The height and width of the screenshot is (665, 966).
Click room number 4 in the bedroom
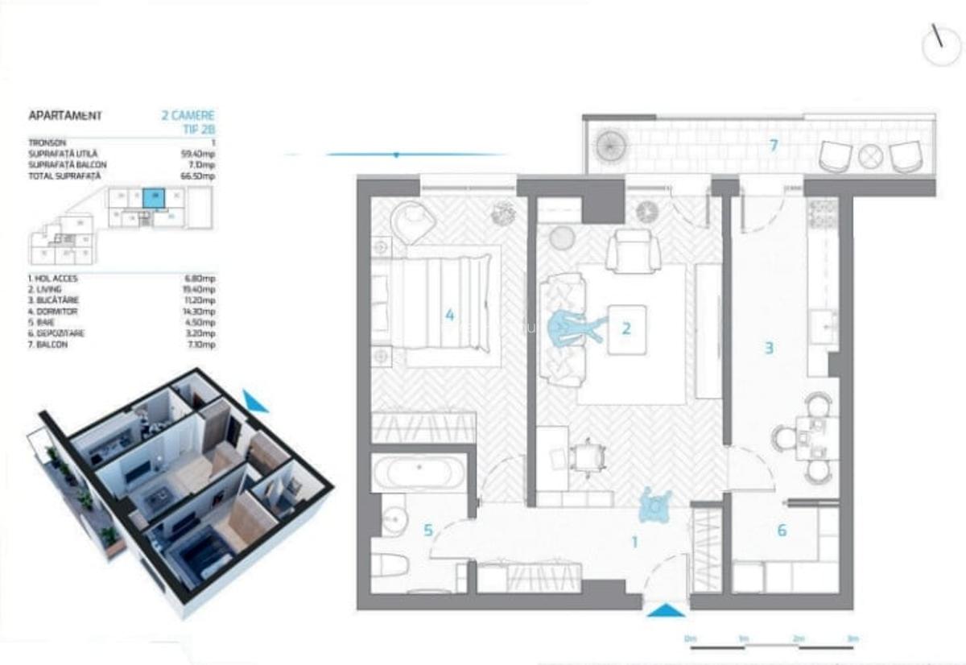450,316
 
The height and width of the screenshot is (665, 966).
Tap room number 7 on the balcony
773,146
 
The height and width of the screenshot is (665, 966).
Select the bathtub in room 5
419,472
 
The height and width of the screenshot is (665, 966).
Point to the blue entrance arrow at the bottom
666,612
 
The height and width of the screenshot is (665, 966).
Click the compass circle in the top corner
941,46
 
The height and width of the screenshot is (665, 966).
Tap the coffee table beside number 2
628,328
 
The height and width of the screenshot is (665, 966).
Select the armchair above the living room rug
633,250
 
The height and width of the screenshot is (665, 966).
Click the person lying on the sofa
575,328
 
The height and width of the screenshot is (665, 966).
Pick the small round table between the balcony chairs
870,156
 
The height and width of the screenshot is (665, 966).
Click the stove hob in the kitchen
822,213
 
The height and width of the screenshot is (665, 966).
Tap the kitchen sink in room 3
822,325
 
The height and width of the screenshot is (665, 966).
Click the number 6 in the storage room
782,531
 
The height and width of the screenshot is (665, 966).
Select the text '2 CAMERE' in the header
188,116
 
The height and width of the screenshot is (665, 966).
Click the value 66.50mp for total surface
200,176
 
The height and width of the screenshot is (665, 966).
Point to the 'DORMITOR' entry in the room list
51,311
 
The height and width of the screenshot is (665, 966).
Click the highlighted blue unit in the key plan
153,198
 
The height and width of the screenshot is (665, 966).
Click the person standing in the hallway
655,506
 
